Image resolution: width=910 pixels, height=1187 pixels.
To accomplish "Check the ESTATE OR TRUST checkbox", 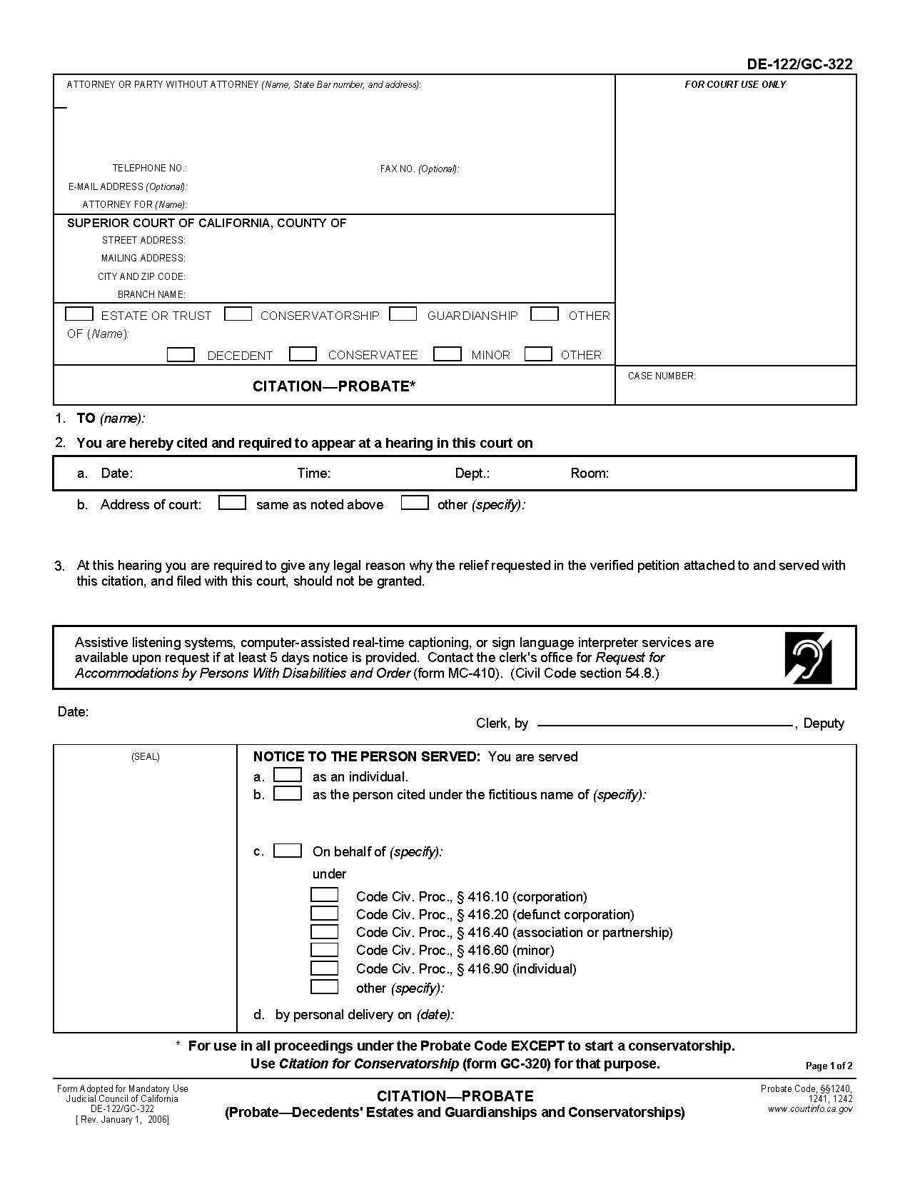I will pos(79,314).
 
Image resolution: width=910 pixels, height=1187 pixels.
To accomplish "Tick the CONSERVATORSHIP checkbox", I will pos(238,314).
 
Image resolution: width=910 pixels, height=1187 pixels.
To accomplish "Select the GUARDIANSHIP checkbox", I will pos(403,314).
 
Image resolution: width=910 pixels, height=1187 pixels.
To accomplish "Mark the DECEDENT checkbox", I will pos(181,354).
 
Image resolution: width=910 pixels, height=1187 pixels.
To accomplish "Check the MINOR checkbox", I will pos(448,354).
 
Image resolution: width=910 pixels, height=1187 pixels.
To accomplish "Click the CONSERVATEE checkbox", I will pos(303,354).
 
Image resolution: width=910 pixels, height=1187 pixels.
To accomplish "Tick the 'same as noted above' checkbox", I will pos(232,503).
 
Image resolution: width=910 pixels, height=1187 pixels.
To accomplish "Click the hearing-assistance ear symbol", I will pos(808,657).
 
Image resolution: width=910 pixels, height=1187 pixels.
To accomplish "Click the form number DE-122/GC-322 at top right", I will pos(799,64).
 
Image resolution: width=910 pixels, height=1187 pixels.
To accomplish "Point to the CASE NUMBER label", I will pos(662,376).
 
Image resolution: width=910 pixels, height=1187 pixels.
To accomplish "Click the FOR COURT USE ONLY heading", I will pos(735,84).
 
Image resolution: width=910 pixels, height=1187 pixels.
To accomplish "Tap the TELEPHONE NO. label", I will pos(149,169).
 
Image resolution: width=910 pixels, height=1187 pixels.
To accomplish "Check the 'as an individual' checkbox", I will pos(288,775).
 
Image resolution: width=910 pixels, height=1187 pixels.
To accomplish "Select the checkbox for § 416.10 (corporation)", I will pos(325,895).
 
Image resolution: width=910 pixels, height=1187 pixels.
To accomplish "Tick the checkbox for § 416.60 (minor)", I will pos(325,949).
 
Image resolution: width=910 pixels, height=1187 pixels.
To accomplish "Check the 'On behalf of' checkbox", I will pos(288,850).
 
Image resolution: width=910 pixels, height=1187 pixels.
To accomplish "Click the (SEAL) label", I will pos(145,756).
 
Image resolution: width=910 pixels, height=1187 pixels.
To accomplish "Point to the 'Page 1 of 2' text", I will pos(829,1066).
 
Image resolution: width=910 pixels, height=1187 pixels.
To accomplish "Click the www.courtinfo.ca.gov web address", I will pos(809,1109).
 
